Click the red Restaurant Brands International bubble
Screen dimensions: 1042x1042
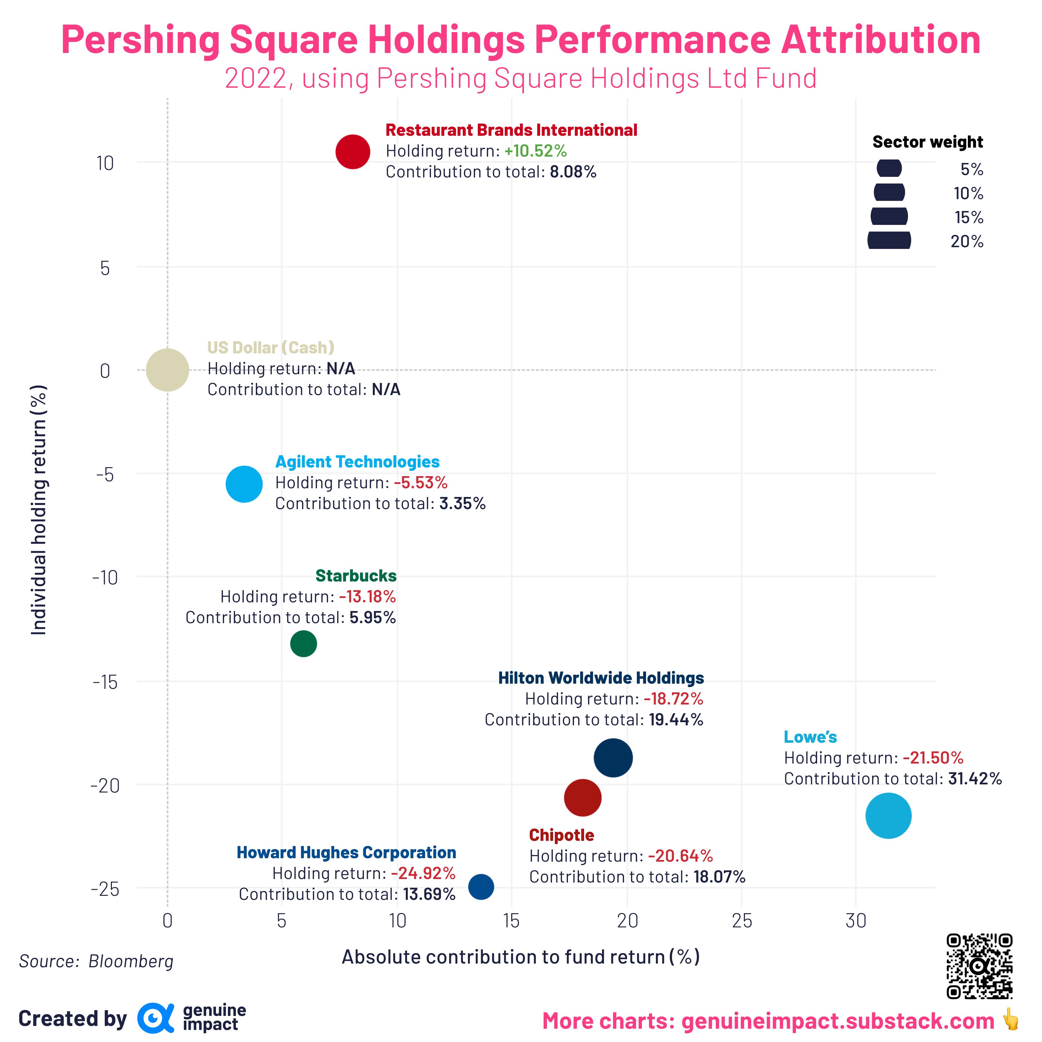[353, 152]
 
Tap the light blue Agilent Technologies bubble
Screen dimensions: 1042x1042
[244, 484]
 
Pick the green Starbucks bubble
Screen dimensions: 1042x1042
[303, 643]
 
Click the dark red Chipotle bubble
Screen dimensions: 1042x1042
[582, 797]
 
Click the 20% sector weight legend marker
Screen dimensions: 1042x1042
[889, 240]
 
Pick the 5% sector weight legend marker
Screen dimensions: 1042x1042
[889, 168]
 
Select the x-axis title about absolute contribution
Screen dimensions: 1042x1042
[520, 957]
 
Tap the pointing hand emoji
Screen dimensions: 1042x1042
[1010, 1020]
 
